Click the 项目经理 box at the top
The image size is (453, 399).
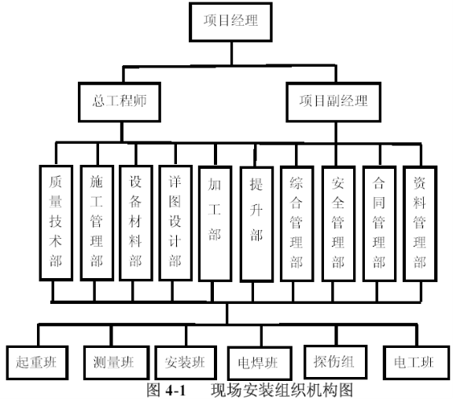click(230, 22)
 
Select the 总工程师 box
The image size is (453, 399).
click(120, 102)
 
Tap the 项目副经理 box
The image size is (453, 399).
click(333, 102)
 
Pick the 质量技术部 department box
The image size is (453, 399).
click(56, 223)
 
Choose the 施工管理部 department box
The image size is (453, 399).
click(97, 223)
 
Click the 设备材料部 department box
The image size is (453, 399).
click(136, 223)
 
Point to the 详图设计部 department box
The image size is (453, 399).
click(175, 223)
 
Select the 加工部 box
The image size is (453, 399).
click(215, 223)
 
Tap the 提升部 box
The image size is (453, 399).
click(256, 224)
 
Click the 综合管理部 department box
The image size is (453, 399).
click(297, 223)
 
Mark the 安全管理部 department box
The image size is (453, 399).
click(338, 223)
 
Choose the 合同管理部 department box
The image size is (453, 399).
click(379, 223)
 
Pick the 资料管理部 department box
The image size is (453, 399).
click(420, 223)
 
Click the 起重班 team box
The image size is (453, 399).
click(37, 362)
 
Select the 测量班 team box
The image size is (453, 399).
click(116, 362)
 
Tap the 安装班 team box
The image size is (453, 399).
click(186, 363)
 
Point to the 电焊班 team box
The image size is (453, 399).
click(260, 363)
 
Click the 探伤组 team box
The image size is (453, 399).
click(335, 362)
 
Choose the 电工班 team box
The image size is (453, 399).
click(416, 362)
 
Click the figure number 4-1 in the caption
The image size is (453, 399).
click(175, 390)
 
